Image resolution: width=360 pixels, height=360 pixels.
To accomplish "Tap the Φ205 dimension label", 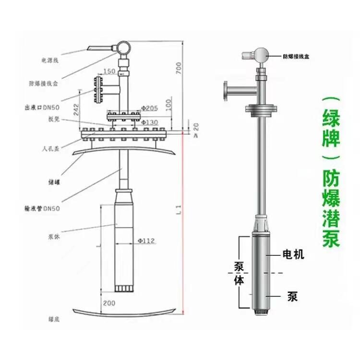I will tap(150, 108).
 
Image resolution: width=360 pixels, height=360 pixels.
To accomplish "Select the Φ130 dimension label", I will tap(150, 122).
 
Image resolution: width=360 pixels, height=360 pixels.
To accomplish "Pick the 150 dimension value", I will tap(109, 71).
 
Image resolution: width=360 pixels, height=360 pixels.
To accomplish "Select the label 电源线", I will tap(49, 61).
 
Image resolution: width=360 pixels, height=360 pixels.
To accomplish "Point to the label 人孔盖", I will tap(50, 149).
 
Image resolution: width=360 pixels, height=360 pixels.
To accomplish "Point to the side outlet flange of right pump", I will tap(226, 92).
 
